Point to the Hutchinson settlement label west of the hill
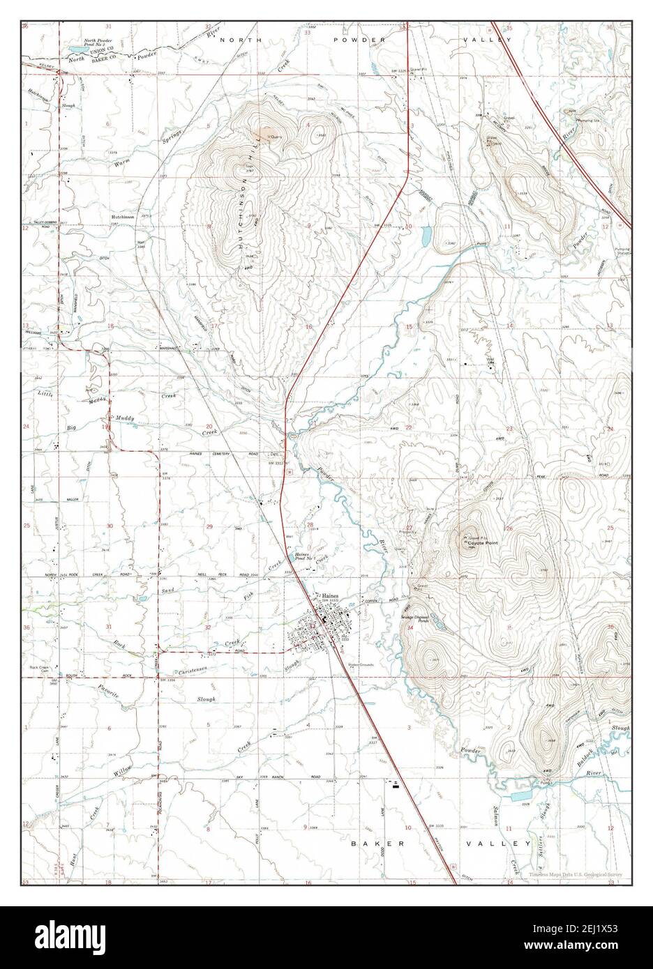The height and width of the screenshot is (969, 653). [x=122, y=217]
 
